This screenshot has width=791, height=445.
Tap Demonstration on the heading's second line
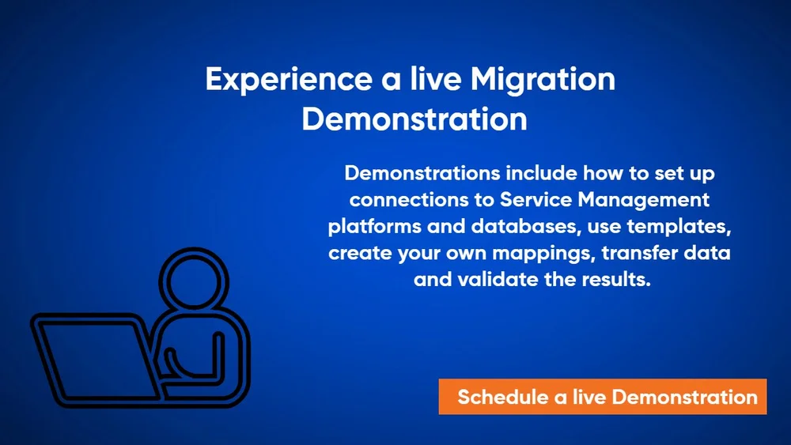tap(414, 119)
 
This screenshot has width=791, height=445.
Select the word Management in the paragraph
tap(641, 199)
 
